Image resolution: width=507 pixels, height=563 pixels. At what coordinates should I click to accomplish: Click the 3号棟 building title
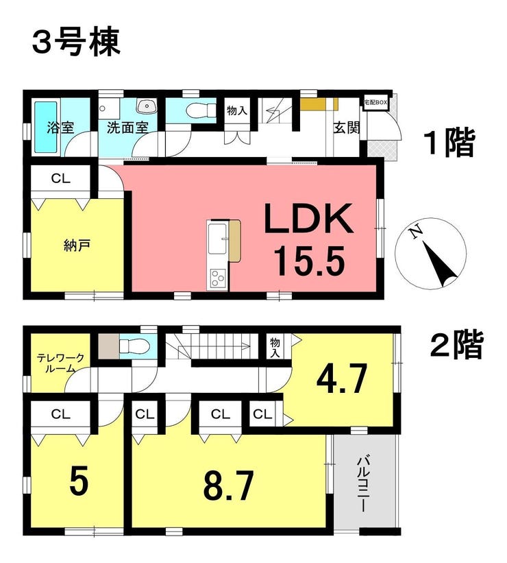(x=76, y=43)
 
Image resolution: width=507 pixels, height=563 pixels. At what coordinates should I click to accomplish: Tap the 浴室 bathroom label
(x=60, y=128)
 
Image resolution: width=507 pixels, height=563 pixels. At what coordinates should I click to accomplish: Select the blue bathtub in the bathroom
(x=46, y=128)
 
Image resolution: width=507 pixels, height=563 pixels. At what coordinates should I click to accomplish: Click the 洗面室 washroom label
(x=127, y=128)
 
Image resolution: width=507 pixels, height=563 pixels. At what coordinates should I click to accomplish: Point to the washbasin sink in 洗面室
(x=147, y=106)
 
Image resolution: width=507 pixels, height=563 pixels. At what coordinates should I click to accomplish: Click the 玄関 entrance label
(x=346, y=128)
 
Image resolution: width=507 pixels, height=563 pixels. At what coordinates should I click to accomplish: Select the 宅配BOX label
(x=375, y=102)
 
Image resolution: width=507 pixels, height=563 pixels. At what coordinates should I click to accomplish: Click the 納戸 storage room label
(x=77, y=245)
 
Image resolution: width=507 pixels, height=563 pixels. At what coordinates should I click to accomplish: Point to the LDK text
(x=308, y=218)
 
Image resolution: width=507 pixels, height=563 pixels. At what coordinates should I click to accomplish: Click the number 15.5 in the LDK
(x=309, y=261)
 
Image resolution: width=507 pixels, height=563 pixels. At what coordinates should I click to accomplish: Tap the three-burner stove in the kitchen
(x=217, y=278)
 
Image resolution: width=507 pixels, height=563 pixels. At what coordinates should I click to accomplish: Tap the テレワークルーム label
(x=61, y=363)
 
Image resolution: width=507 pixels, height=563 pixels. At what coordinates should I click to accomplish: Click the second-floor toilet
(x=134, y=347)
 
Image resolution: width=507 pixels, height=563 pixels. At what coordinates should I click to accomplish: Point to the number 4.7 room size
(x=341, y=379)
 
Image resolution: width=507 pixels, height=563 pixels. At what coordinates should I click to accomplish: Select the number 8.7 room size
(x=229, y=485)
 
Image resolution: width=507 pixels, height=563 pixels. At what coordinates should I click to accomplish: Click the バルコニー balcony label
(x=362, y=484)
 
